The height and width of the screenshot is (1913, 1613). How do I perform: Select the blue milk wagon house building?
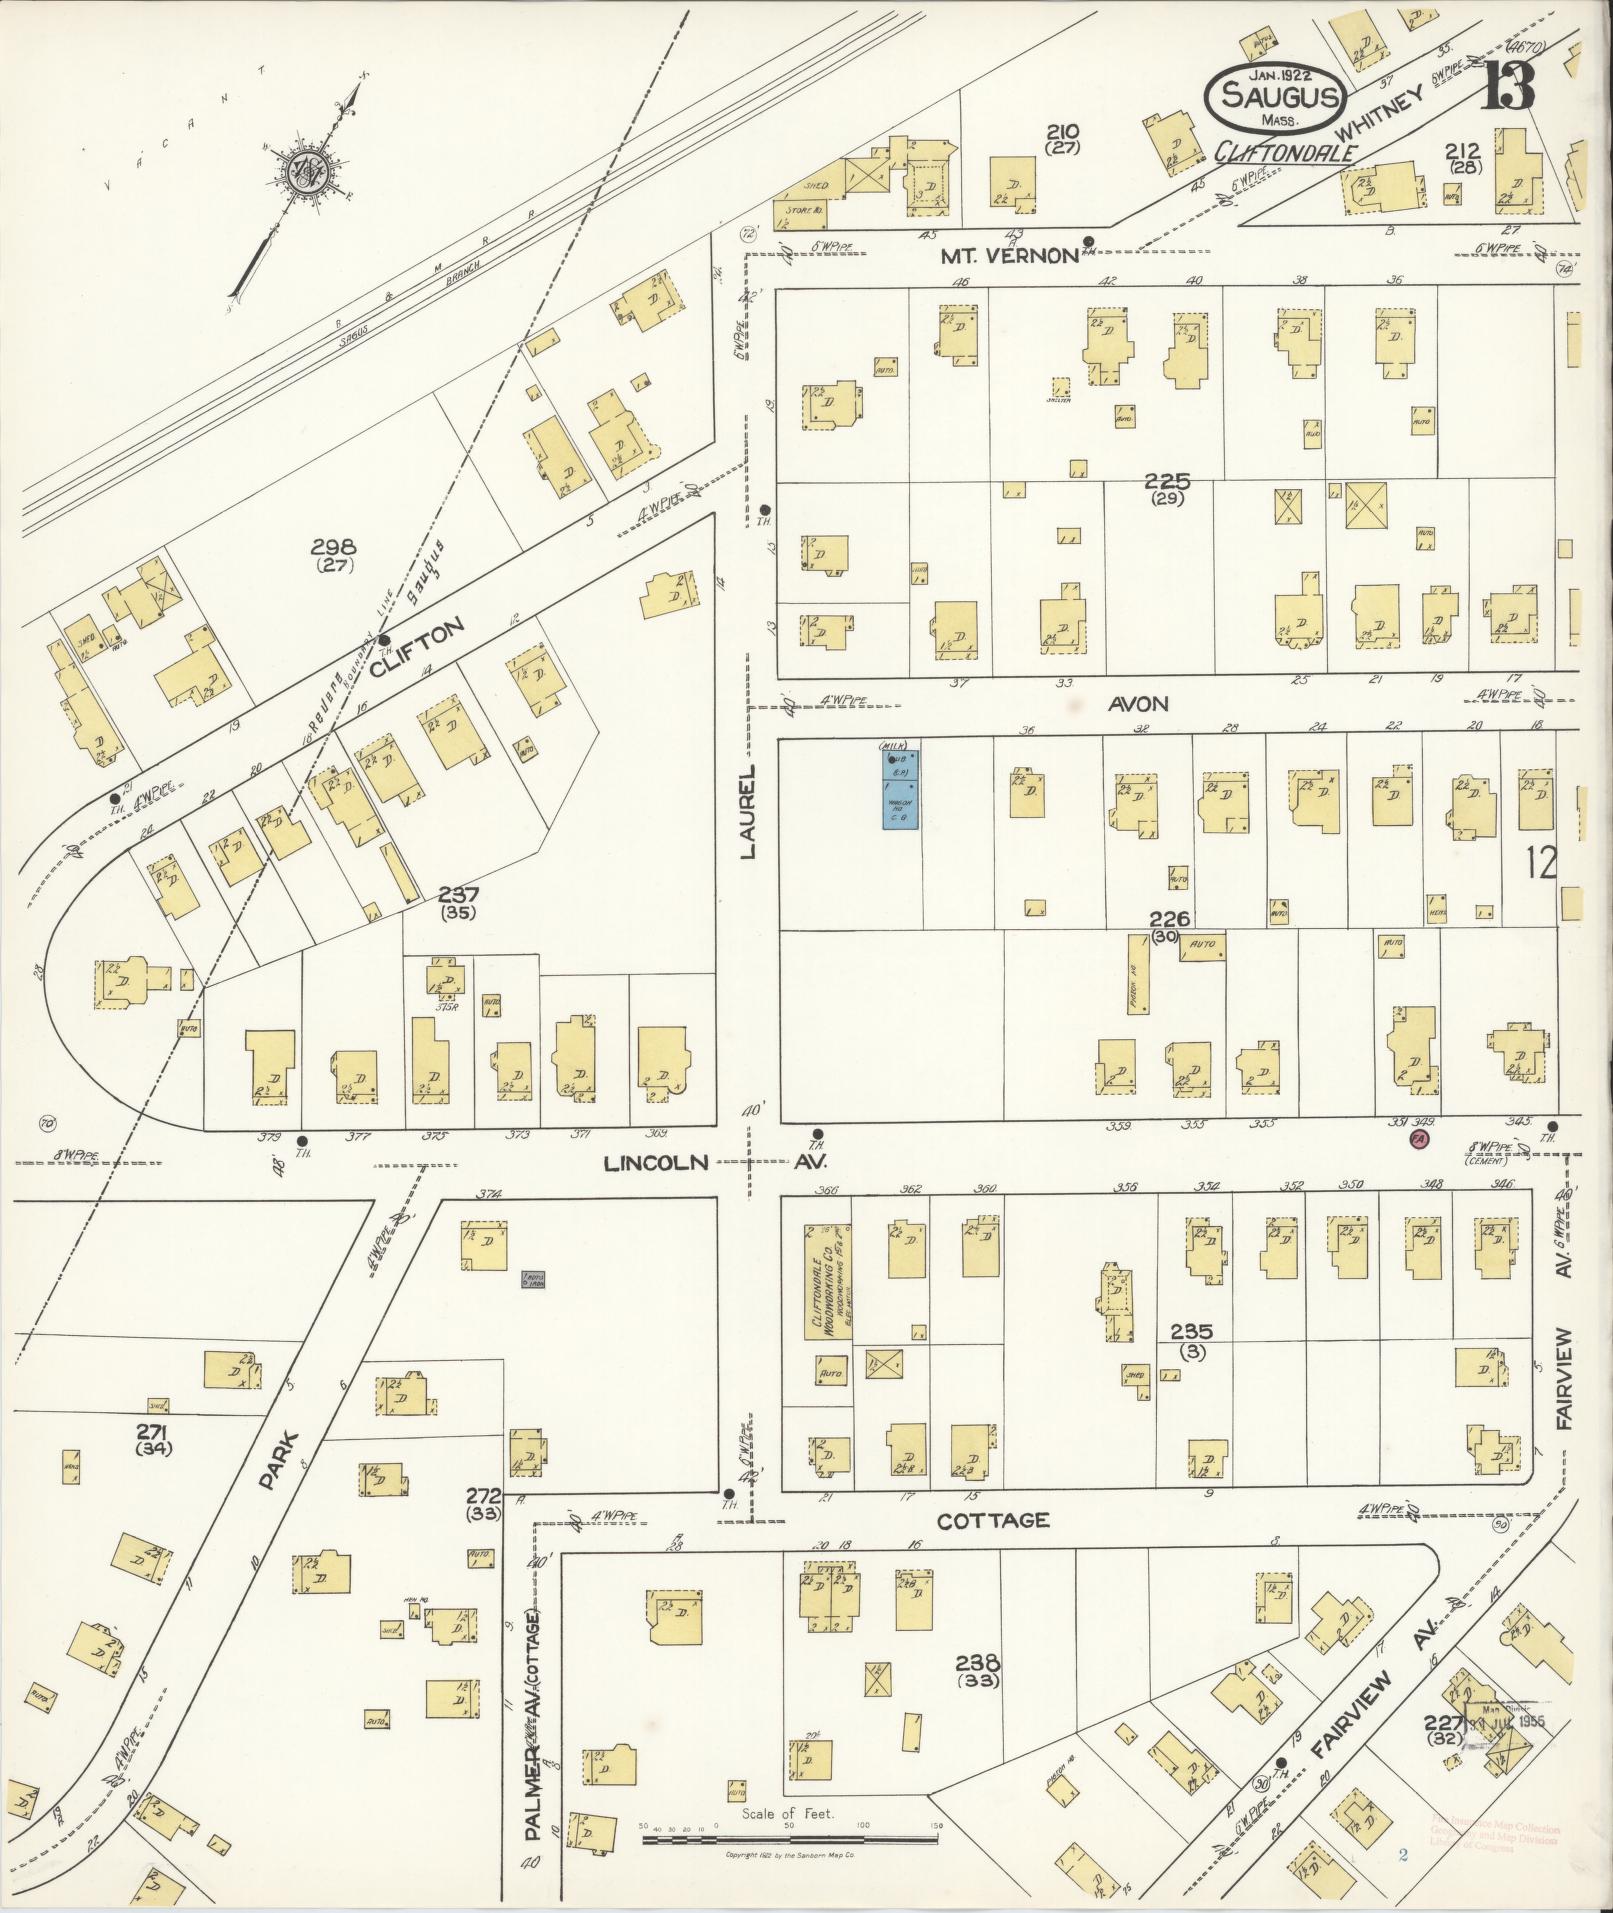coord(901,789)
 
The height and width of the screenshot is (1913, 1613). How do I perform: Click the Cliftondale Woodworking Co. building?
coord(828,1283)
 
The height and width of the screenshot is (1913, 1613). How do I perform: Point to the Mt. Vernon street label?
coord(1009,255)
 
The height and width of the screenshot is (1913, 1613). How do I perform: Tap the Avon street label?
coord(1137,704)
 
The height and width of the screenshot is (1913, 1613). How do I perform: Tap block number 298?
coord(333,548)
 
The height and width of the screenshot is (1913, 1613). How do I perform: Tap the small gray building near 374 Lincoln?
coord(533,1279)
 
